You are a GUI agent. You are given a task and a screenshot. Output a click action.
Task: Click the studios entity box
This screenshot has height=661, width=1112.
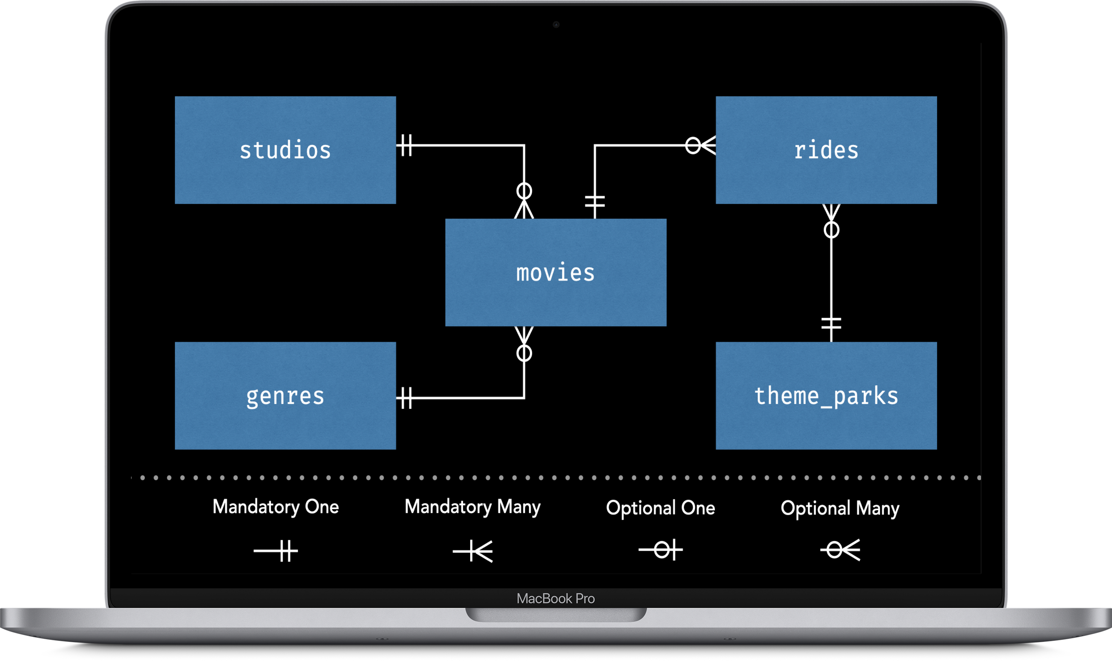pyautogui.click(x=285, y=150)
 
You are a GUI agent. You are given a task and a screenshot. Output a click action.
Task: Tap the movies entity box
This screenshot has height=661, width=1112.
pyautogui.click(x=556, y=273)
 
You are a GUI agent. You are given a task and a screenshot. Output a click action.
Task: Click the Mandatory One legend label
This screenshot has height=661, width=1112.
pyautogui.click(x=276, y=507)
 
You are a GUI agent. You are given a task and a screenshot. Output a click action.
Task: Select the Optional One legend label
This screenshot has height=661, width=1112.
pyautogui.click(x=660, y=508)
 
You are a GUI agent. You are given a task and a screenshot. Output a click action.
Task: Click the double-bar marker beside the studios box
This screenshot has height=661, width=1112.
pyautogui.click(x=406, y=145)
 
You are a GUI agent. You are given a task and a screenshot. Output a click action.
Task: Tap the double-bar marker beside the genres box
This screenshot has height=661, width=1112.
pyautogui.click(x=406, y=398)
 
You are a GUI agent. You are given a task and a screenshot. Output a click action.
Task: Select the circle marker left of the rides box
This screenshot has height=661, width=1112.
pyautogui.click(x=692, y=145)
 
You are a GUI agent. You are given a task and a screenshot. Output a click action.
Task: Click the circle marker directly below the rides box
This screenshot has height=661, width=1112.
pyautogui.click(x=831, y=230)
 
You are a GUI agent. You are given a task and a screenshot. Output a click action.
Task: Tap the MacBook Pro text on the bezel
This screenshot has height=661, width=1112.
pyautogui.click(x=556, y=598)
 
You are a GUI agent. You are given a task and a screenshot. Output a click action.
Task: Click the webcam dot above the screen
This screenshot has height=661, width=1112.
pyautogui.click(x=556, y=24)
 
